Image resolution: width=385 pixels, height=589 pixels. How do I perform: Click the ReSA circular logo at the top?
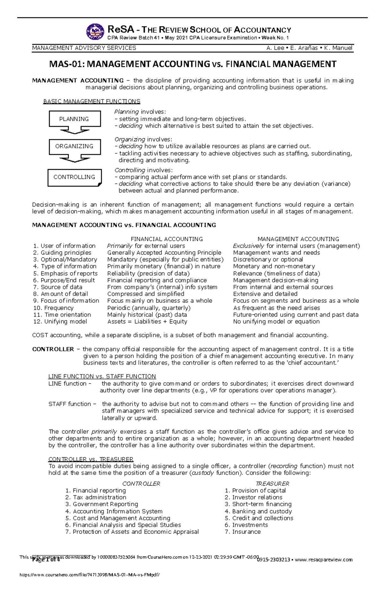(x=95, y=31)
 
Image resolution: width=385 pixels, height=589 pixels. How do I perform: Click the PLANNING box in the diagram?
(x=74, y=119)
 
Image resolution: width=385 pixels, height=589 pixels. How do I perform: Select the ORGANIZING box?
(x=74, y=146)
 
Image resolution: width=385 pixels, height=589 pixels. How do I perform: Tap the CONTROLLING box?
(x=74, y=177)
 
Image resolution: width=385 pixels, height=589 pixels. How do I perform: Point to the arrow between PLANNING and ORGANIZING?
(x=74, y=131)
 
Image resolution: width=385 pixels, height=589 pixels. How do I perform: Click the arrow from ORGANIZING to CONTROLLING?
(x=74, y=159)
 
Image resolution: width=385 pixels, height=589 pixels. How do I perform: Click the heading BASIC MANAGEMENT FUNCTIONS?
(x=92, y=101)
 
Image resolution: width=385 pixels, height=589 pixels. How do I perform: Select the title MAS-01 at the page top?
(x=193, y=64)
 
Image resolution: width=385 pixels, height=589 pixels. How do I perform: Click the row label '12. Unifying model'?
(x=60, y=322)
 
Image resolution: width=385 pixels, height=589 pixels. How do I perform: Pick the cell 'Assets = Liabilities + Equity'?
(x=147, y=322)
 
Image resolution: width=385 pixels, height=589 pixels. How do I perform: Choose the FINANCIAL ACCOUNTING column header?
(x=167, y=239)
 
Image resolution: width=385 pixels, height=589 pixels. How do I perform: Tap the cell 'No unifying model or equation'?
(x=276, y=322)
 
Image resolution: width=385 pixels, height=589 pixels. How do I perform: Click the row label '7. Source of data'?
(x=58, y=287)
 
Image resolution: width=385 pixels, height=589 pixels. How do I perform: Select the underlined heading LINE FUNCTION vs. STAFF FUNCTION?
(x=102, y=377)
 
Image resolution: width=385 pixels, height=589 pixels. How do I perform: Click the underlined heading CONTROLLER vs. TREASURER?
(x=91, y=459)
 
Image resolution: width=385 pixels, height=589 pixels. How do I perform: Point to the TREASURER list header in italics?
(x=272, y=484)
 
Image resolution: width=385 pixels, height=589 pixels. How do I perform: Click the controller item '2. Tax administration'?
(x=96, y=498)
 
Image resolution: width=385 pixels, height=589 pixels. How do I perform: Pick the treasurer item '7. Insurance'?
(x=243, y=532)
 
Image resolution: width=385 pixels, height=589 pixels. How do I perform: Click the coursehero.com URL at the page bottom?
(x=90, y=575)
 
